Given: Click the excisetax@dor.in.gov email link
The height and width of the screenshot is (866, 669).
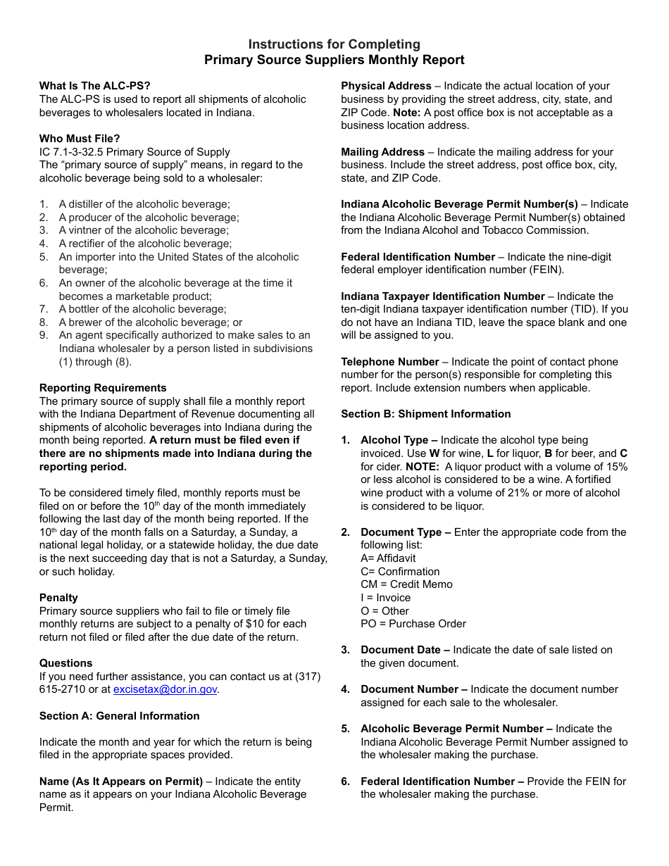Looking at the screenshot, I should [165, 690].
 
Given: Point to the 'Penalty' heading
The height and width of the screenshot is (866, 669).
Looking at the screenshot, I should [58, 598].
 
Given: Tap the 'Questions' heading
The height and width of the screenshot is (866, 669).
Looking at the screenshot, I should [65, 663].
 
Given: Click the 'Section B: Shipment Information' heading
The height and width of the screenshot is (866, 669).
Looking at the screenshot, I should [425, 414].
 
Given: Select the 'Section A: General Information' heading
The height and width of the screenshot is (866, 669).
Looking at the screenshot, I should [119, 716].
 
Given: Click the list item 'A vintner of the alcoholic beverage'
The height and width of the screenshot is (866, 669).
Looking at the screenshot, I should [144, 230].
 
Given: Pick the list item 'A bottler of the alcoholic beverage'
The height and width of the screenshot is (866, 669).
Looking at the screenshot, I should [142, 309].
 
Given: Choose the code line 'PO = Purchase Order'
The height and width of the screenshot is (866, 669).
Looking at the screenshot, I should [413, 624].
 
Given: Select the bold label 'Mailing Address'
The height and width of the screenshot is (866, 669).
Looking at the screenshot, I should [382, 152].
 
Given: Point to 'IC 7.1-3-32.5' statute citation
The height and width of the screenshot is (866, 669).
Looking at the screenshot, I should [70, 152].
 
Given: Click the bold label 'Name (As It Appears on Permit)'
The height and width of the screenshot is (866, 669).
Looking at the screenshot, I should [120, 782].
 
